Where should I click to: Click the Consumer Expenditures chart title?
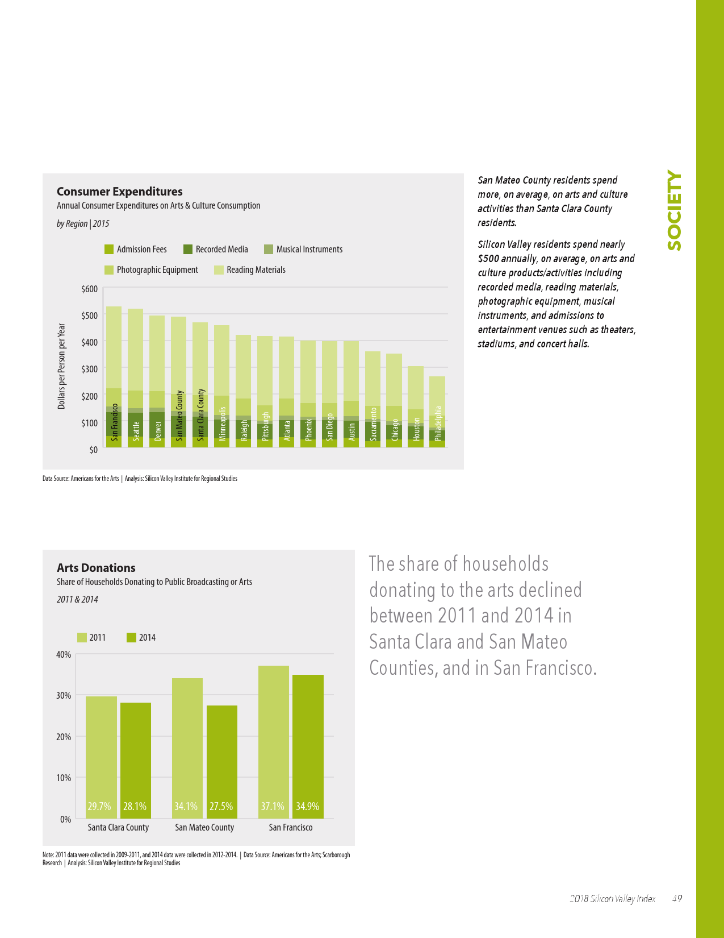[119, 192]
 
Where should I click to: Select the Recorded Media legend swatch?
[188, 249]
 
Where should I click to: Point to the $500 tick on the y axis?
[90, 316]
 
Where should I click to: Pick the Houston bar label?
[416, 429]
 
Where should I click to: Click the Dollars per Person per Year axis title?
[61, 366]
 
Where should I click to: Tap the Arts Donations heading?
[96, 568]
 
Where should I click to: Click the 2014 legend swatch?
[132, 638]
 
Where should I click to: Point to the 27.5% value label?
[221, 806]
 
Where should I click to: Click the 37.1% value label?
[273, 806]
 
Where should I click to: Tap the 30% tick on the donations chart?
[64, 695]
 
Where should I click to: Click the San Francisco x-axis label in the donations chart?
[290, 828]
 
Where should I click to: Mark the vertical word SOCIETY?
[674, 210]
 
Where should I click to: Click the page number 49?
[677, 899]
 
